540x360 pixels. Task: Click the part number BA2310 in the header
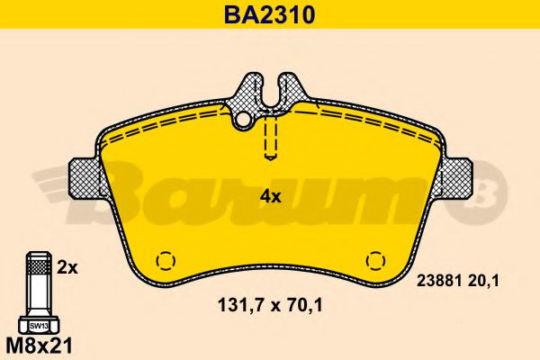pos(270,14)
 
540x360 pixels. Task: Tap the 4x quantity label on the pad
pos(270,197)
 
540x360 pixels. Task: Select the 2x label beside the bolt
pos(67,267)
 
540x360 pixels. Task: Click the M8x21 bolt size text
pos(40,346)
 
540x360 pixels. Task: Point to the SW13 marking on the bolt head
pos(39,326)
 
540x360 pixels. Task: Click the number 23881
pos(439,282)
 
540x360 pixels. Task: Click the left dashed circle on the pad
pos(166,260)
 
